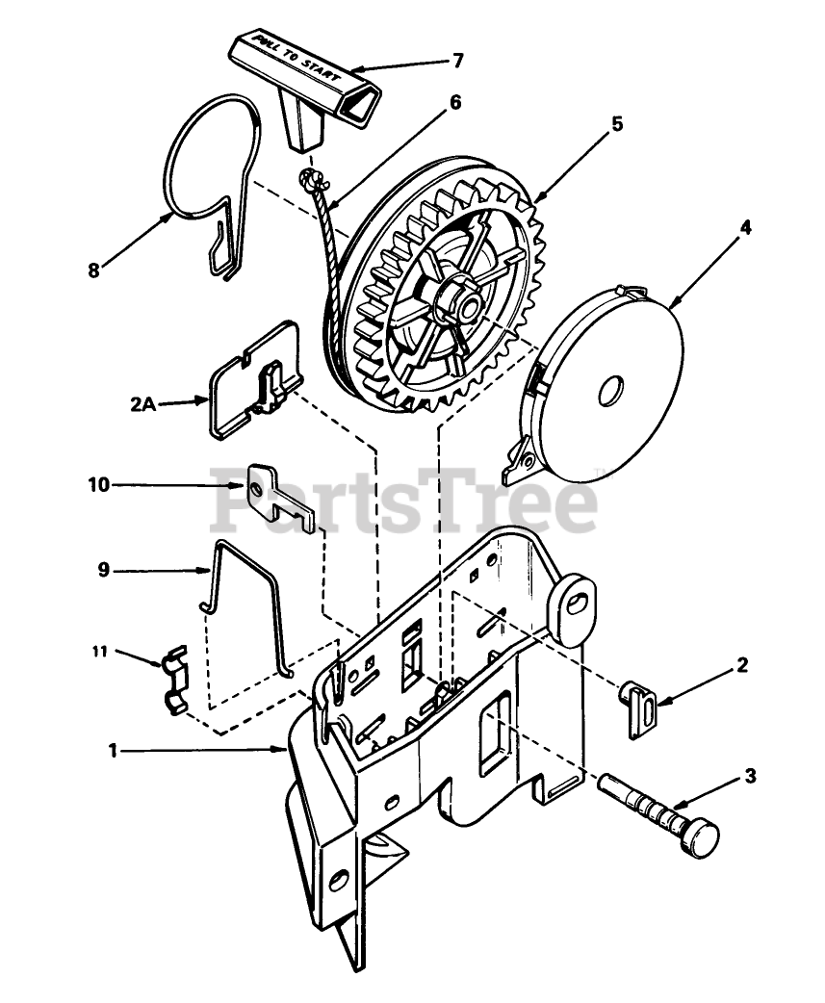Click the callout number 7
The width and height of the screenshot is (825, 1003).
click(x=457, y=61)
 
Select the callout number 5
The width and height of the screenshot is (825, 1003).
click(x=617, y=123)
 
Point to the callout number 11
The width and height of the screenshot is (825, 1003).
click(x=99, y=652)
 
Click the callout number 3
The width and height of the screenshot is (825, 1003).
click(x=751, y=774)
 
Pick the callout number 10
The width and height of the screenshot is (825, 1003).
click(x=99, y=485)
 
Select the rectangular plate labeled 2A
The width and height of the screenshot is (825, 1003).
click(x=250, y=385)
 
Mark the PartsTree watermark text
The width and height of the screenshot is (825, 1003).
click(x=404, y=500)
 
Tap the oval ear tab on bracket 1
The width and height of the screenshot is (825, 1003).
click(x=575, y=607)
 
